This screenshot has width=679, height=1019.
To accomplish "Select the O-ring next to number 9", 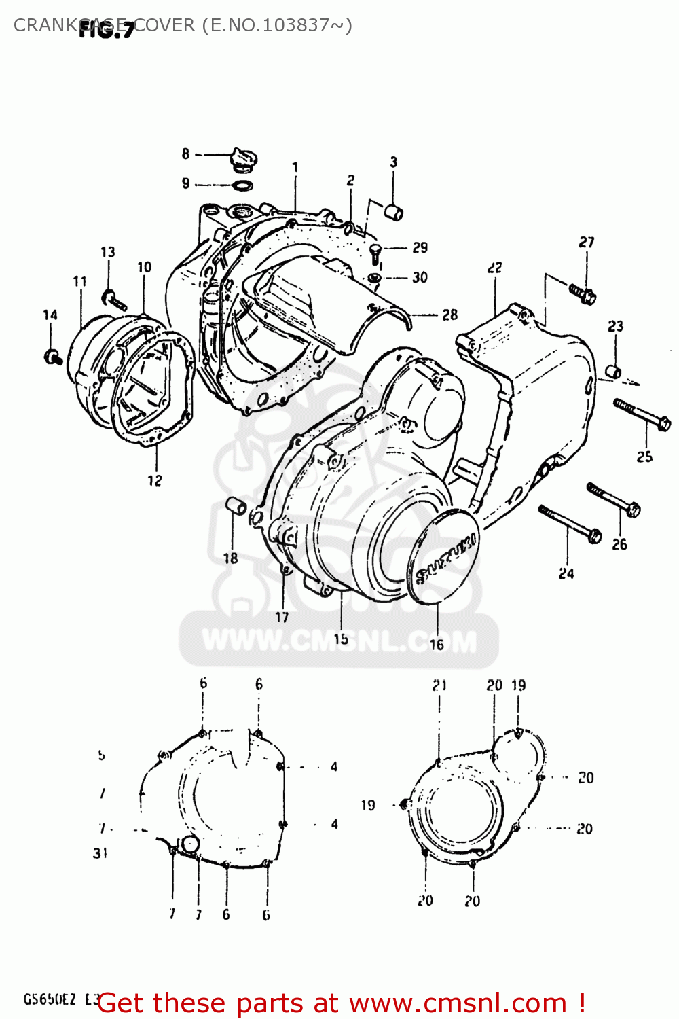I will tap(242, 185).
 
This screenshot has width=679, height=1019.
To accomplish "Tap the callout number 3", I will tap(393, 162).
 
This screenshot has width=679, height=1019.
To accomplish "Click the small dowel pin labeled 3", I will tap(394, 212).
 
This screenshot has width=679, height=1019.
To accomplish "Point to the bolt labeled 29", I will tap(375, 253).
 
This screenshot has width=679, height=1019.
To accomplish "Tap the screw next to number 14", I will tap(53, 356).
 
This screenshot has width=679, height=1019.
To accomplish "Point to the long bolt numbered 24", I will tap(569, 523).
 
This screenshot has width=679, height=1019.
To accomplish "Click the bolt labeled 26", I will tap(614, 499).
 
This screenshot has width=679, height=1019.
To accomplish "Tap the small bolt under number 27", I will tap(583, 293).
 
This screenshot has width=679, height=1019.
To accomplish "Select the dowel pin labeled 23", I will tap(613, 371).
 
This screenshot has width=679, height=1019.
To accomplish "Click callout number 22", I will tap(494, 268).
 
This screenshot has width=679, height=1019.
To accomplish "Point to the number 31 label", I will tap(100, 853).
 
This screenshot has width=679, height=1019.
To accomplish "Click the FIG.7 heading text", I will tap(107, 30).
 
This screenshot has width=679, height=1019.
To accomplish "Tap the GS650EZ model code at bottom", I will tap(50, 999).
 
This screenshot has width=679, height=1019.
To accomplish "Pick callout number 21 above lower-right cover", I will tap(439, 685).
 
